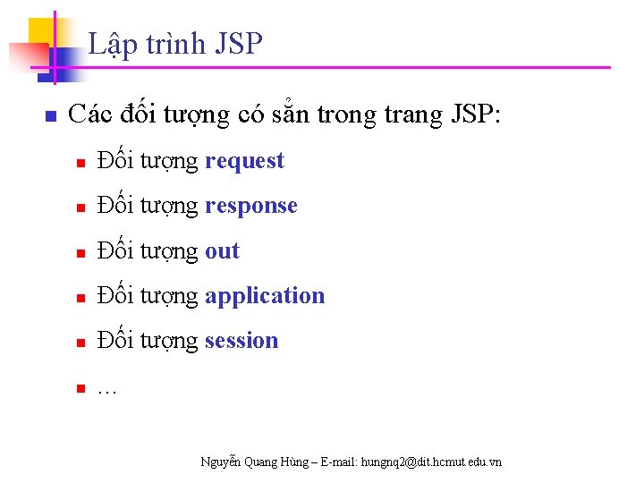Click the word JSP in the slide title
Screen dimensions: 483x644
(x=239, y=44)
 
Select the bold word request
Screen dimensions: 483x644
(x=244, y=162)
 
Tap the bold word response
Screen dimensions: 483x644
(x=250, y=207)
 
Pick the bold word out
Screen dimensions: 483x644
(x=222, y=251)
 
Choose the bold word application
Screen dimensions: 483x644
(x=265, y=296)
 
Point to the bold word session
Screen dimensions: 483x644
(x=241, y=341)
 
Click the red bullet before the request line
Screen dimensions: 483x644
(x=80, y=164)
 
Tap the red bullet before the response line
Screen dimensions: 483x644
(x=80, y=208)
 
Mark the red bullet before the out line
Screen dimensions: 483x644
(x=80, y=254)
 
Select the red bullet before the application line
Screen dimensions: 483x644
(x=80, y=299)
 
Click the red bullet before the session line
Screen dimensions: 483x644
(x=80, y=343)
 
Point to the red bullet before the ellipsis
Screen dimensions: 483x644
(x=80, y=388)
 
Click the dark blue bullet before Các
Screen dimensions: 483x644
(x=51, y=117)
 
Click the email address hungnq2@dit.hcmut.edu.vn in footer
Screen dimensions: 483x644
(x=430, y=462)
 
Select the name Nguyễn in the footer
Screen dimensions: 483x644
(x=220, y=462)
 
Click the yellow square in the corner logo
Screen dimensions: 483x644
(x=43, y=32)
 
